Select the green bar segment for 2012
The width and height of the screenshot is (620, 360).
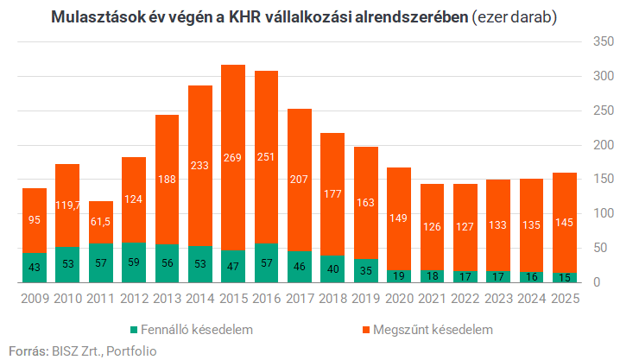click(x=134, y=262)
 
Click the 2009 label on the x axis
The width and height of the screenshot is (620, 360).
click(x=35, y=298)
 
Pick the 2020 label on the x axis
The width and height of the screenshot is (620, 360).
click(x=399, y=298)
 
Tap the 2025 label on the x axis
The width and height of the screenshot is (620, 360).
click(x=566, y=298)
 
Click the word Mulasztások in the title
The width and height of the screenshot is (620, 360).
click(x=98, y=16)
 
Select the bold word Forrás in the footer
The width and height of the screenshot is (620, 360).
click(x=26, y=350)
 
